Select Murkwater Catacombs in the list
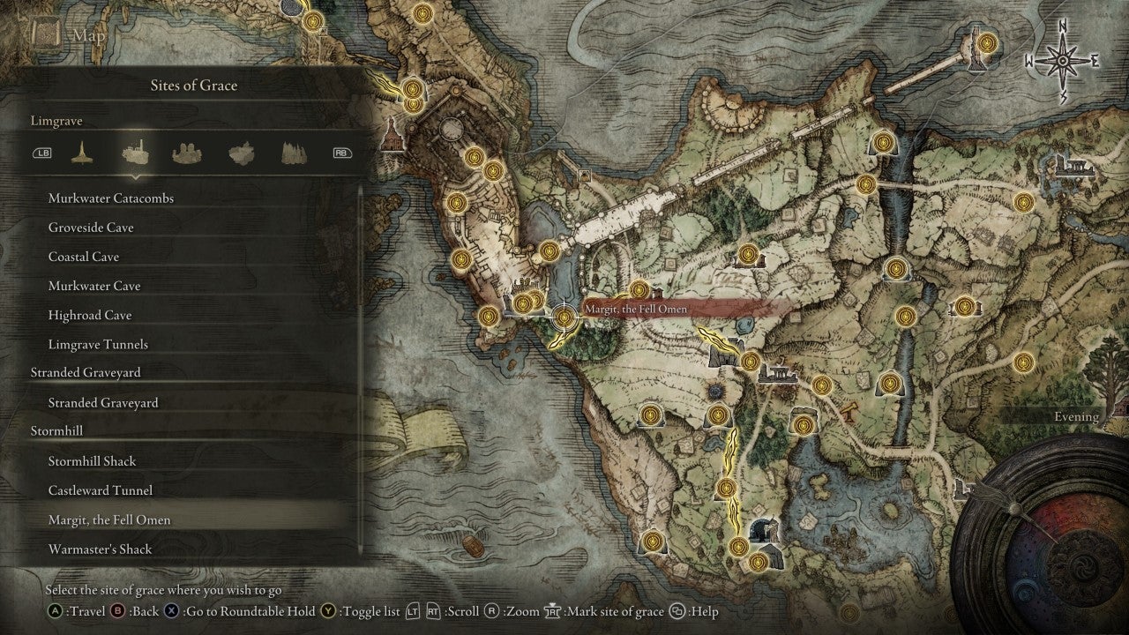click(x=110, y=198)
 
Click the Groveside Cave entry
click(x=91, y=228)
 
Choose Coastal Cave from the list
click(x=84, y=257)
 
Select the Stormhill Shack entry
click(x=92, y=461)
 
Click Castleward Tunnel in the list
click(x=100, y=490)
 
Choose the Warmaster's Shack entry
click(x=100, y=549)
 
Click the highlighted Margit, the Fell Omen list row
click(x=109, y=519)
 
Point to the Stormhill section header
click(x=56, y=431)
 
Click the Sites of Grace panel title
click(x=194, y=86)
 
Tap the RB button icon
click(x=341, y=153)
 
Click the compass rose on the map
click(x=1063, y=61)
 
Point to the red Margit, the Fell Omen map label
click(x=635, y=309)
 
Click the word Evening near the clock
click(x=1076, y=416)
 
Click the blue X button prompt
click(x=171, y=611)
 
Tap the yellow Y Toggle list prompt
click(x=329, y=611)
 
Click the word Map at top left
click(x=89, y=35)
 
